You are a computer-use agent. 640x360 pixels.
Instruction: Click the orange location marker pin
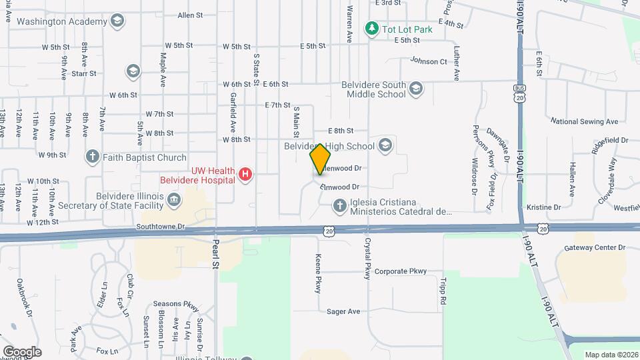coord(321,159)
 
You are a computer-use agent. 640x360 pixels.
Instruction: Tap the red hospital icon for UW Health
coord(245,174)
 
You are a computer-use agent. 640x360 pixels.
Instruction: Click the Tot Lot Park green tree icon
coord(371,29)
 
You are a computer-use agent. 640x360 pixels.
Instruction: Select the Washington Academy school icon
coord(117,21)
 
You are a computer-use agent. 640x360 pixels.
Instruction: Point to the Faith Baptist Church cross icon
coord(92,157)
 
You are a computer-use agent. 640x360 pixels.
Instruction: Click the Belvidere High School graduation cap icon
coord(385,145)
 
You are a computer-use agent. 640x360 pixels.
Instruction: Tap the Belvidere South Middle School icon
coord(416,89)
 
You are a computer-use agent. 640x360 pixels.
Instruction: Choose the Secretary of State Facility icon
coord(173,199)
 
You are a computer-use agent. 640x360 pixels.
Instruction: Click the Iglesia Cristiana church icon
coord(339,206)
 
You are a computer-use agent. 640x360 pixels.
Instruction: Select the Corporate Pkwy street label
coord(400,271)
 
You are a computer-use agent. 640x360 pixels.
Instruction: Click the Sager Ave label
coord(343,311)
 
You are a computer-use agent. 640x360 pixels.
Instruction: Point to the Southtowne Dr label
coord(160,227)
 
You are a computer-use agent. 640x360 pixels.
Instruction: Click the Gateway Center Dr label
coord(595,247)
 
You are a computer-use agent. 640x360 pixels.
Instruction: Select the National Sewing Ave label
coord(584,121)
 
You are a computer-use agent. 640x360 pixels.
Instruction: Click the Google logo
coord(22,351)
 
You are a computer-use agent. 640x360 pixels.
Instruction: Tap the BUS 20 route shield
coord(520,93)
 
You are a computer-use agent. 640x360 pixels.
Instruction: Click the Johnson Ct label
coord(428,61)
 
